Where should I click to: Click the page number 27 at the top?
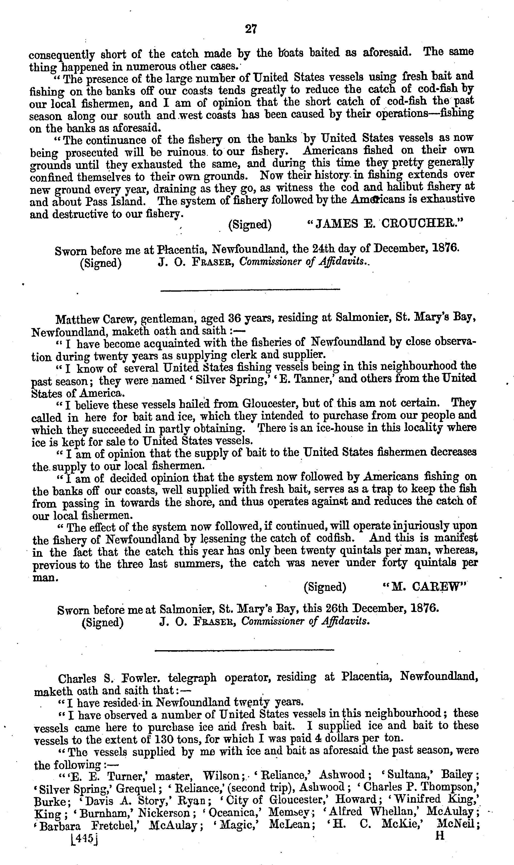tap(251, 29)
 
